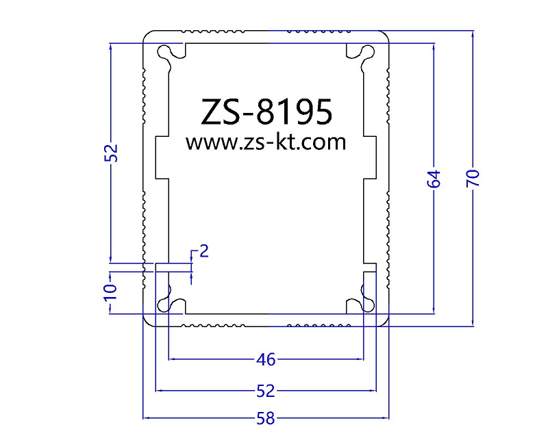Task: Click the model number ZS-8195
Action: [x=266, y=112]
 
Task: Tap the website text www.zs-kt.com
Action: [x=266, y=142]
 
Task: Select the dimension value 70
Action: [x=473, y=178]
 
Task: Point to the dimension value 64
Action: [x=434, y=179]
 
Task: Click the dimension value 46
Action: [x=266, y=359]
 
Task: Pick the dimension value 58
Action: [x=266, y=418]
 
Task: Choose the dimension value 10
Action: [x=110, y=292]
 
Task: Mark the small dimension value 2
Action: [x=204, y=251]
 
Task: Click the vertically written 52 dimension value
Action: [x=112, y=153]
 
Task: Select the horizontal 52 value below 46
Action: [x=266, y=391]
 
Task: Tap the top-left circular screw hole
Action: [x=164, y=53]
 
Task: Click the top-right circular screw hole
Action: [x=368, y=53]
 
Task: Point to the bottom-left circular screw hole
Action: [x=164, y=305]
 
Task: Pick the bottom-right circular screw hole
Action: [x=368, y=305]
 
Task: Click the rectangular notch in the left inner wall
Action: [x=162, y=157]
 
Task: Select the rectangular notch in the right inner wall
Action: [x=370, y=157]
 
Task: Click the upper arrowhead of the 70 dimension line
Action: [x=473, y=34]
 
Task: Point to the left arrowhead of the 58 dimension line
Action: [x=147, y=417]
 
